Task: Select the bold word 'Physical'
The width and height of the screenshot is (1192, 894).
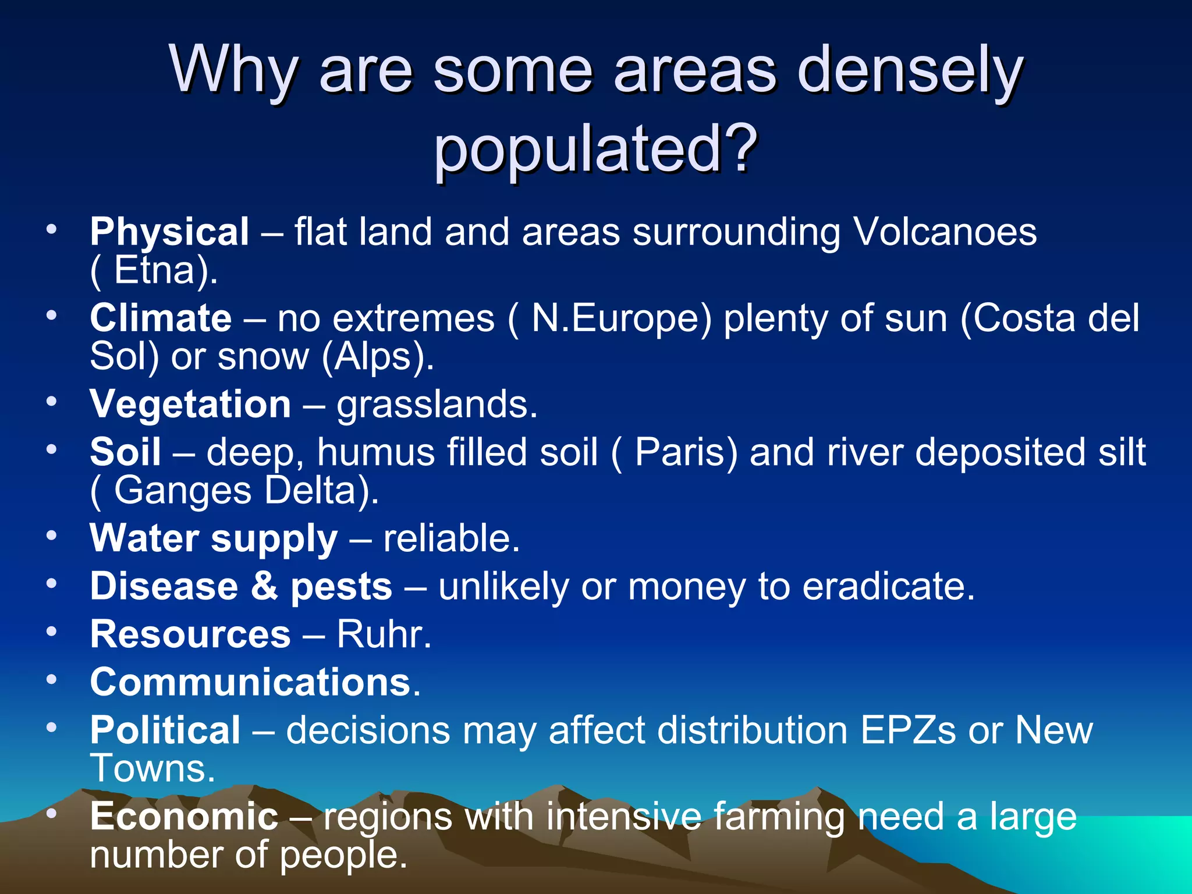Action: click(x=169, y=232)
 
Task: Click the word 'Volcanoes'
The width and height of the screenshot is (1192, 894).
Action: click(x=945, y=232)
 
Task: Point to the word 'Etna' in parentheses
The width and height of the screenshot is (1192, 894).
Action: click(x=154, y=270)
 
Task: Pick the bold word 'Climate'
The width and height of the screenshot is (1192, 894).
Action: click(x=161, y=318)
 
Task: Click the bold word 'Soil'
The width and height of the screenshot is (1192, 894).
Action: click(x=125, y=452)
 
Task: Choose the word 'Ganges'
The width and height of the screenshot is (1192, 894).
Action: click(x=183, y=490)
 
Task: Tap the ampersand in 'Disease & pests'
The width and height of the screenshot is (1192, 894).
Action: click(x=264, y=586)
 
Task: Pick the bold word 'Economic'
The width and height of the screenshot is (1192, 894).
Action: click(x=184, y=816)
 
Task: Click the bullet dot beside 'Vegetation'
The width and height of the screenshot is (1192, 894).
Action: click(x=52, y=401)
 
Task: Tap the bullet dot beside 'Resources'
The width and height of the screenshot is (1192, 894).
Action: click(x=52, y=631)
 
